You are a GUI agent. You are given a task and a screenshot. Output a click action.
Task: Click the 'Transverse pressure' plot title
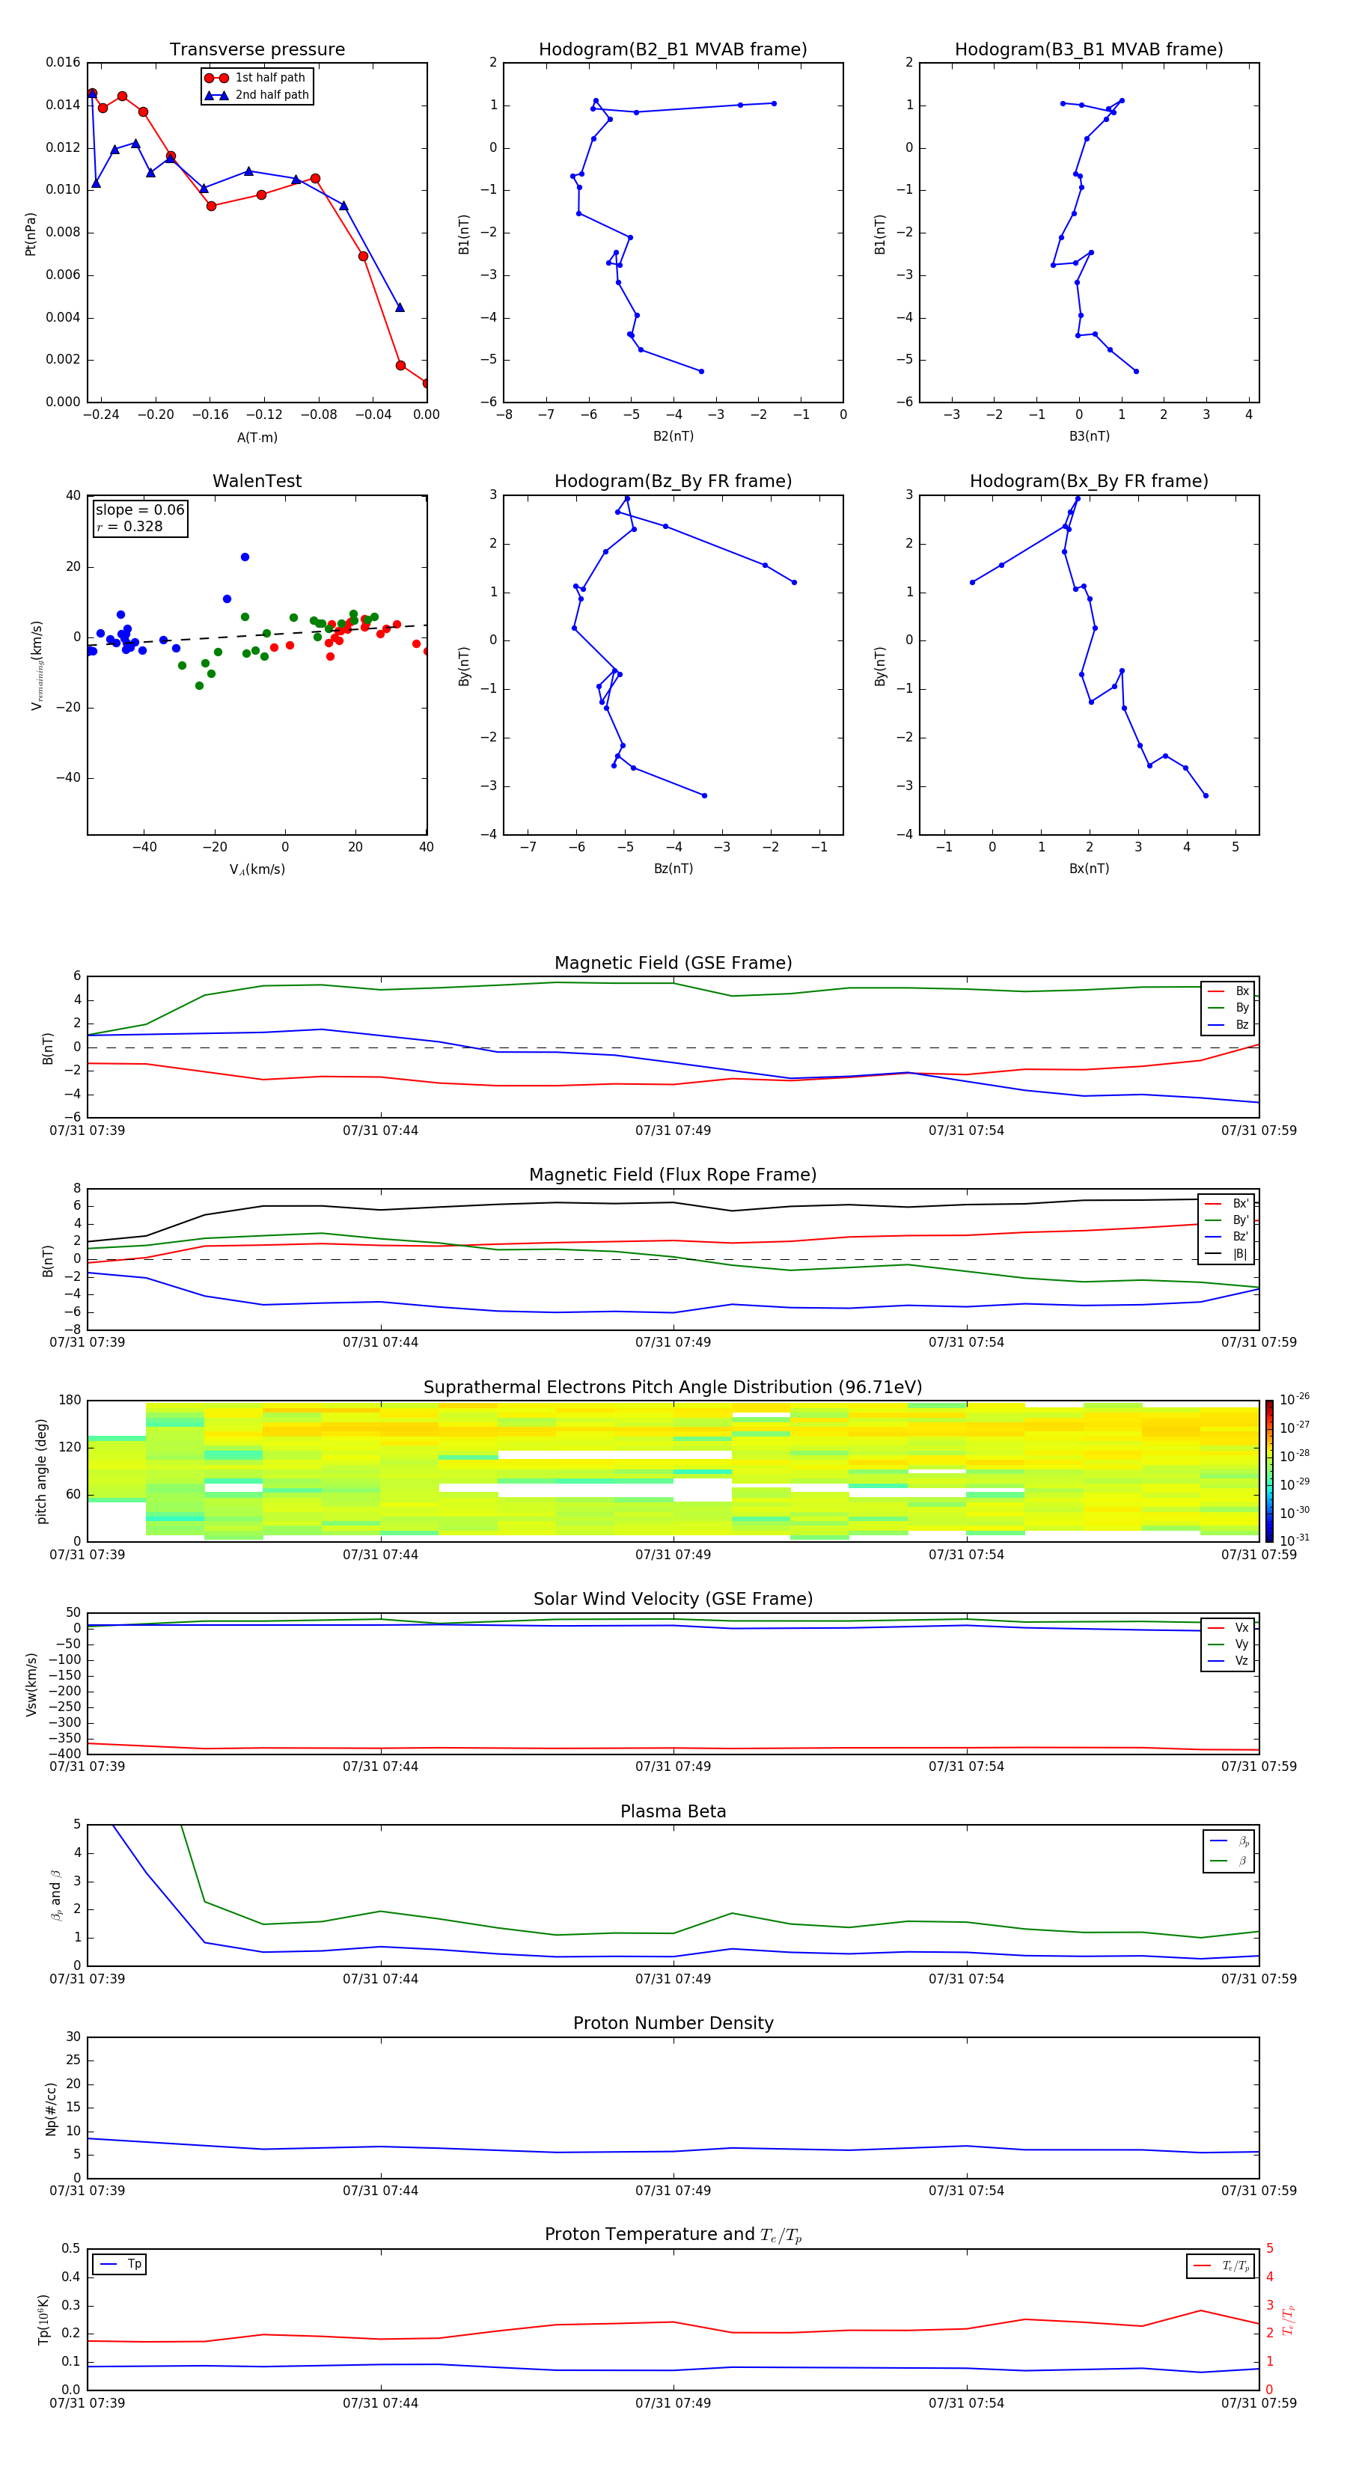coord(257,50)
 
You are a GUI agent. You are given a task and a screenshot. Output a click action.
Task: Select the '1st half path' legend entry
coord(269,78)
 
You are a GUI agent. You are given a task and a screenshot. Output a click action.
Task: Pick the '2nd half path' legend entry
coord(272,95)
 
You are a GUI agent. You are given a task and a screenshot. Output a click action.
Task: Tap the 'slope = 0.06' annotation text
coord(139,510)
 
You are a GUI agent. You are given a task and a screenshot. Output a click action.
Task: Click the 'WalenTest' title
coord(257,481)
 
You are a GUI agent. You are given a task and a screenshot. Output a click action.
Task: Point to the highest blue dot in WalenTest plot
coord(245,557)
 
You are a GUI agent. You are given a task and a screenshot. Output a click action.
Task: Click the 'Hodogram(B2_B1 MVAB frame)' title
coord(672,50)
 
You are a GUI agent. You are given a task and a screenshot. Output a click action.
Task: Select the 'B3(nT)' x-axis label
coord(1089,436)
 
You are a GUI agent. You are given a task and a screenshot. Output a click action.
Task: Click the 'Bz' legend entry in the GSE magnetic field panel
coord(1241,1024)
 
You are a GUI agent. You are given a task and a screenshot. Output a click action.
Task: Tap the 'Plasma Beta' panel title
coord(673,1811)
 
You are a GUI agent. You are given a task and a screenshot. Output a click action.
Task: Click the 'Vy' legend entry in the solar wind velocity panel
coord(1241,1644)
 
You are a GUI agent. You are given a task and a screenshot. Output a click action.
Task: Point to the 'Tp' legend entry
coord(133,2264)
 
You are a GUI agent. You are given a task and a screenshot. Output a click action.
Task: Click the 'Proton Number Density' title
coord(673,2023)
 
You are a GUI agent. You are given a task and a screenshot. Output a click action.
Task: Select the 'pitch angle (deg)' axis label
coord(42,1471)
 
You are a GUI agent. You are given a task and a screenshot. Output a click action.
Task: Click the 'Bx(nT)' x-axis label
coord(1089,869)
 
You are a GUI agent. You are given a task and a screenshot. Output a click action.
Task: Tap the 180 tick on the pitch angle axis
coord(70,1401)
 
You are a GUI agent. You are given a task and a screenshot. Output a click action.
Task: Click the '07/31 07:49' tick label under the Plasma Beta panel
coord(673,1978)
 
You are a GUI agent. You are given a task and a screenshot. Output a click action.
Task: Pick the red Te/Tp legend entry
coord(1235,2265)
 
